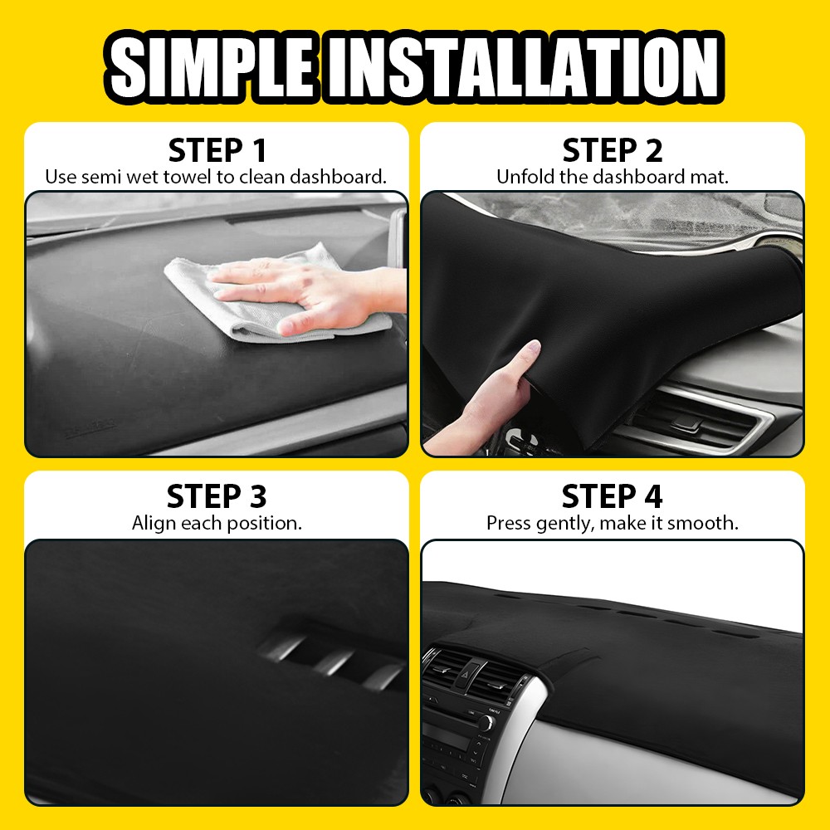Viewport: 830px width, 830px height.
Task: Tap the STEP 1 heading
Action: click(x=217, y=151)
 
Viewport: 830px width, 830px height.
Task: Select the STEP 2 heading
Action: click(x=613, y=151)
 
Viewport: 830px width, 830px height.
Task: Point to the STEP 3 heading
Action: click(x=217, y=496)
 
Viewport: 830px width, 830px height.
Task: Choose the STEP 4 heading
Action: click(x=613, y=496)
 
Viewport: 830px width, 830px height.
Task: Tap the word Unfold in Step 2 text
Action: click(x=520, y=177)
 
